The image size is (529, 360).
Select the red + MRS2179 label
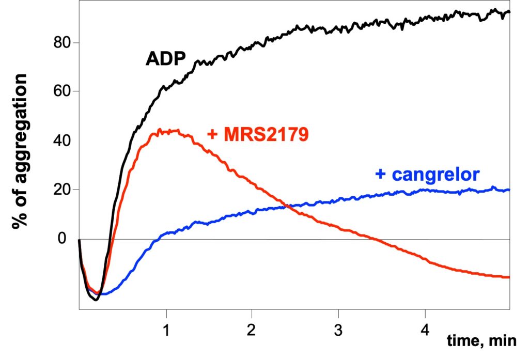coord(258,135)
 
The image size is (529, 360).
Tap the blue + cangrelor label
coord(427,174)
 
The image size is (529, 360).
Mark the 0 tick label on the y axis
coord(63,239)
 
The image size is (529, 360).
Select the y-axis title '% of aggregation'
coord(22,151)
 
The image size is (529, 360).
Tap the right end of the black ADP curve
coord(509,11)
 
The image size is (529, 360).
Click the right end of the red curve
coord(509,277)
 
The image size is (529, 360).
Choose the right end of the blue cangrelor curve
coord(509,190)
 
